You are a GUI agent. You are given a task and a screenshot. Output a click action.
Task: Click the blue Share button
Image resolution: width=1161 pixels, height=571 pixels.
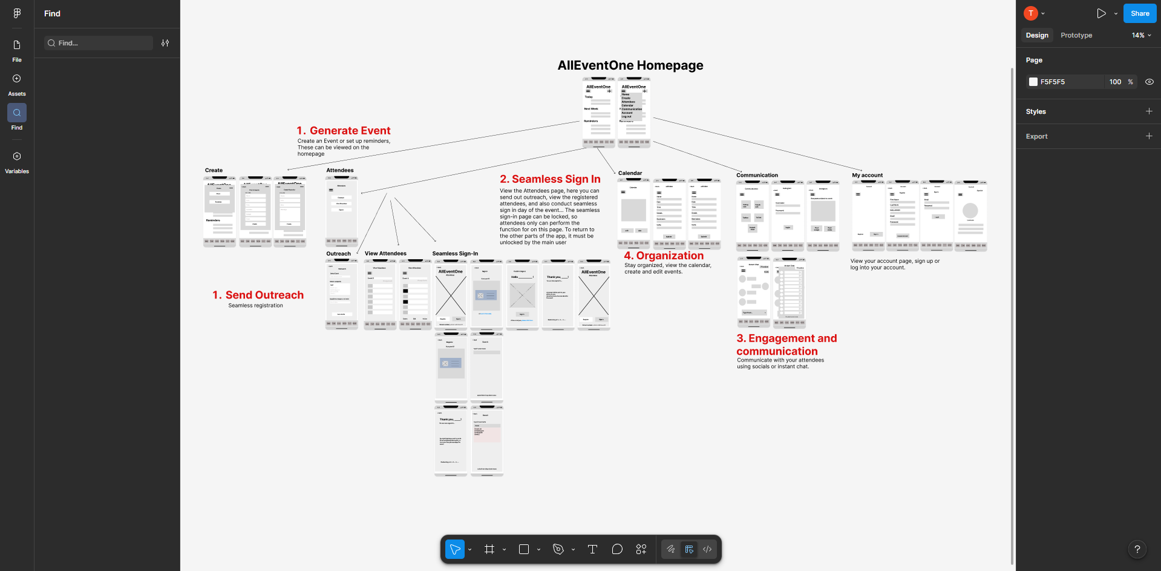pos(1139,13)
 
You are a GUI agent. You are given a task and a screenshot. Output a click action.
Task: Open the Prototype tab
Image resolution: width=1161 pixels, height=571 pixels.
pos(1076,35)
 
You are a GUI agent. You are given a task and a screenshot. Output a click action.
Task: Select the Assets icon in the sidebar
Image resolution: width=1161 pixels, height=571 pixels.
pos(17,79)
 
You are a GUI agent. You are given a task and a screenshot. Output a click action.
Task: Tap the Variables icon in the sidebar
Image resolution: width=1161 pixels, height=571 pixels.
pos(17,156)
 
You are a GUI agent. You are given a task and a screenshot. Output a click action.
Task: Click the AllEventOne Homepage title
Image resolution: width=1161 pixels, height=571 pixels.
pos(630,65)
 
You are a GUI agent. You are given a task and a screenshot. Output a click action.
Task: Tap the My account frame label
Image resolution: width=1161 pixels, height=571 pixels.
pos(867,176)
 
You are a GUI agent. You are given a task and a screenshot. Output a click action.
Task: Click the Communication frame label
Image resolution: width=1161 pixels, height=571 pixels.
pos(757,176)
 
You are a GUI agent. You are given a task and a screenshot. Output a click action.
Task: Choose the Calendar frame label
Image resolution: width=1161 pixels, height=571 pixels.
pos(630,173)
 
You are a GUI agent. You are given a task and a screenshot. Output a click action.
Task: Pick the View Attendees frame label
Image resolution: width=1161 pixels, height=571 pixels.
pos(385,254)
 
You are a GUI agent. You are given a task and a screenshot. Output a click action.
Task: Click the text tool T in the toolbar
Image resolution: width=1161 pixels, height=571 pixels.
pos(592,549)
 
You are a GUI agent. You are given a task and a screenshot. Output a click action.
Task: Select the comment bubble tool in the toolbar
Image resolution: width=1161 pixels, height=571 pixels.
pos(617,549)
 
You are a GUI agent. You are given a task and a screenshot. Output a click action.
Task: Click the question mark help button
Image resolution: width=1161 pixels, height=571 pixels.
pos(1137,549)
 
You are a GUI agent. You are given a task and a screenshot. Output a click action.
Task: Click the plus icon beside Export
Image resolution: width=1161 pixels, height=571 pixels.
pos(1148,136)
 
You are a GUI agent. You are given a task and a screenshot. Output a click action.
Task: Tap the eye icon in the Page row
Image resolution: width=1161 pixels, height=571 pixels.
pos(1149,82)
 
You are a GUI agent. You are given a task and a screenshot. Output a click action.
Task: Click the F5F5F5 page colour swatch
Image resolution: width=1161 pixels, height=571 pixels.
pos(1033,82)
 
